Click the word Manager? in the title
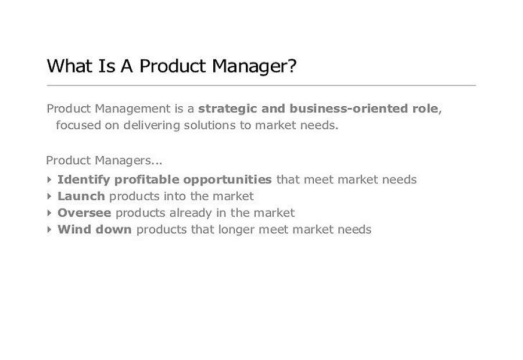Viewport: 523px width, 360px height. [x=254, y=66]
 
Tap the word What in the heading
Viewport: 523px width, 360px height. [x=69, y=66]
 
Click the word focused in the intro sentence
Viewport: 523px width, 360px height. [x=78, y=125]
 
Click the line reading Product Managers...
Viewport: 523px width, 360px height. [x=104, y=161]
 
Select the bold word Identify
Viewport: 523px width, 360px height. [x=84, y=180]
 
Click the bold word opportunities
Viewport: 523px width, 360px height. [x=227, y=180]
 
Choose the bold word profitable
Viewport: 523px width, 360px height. [x=146, y=180]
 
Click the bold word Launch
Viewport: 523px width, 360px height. [x=81, y=196]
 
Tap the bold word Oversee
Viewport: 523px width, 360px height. [x=84, y=213]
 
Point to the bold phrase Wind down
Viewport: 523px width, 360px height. [x=94, y=229]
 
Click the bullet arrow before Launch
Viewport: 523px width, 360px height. [x=49, y=196]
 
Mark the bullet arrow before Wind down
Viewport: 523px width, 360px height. [x=49, y=229]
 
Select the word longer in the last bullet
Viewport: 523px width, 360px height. [x=236, y=230]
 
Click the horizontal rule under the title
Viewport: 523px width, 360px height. [x=261, y=85]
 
